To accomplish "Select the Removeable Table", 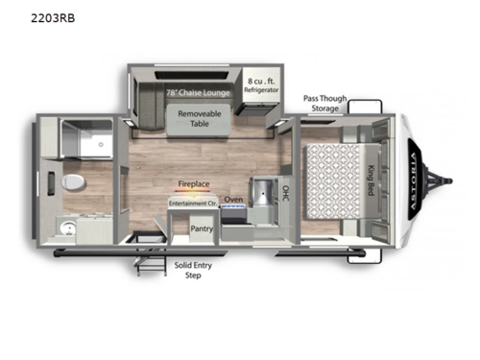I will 199,117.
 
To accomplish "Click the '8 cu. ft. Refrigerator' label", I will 262,85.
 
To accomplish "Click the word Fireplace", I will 193,181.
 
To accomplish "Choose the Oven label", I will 233,201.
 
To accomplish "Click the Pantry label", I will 202,229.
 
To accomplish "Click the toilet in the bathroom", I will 70,182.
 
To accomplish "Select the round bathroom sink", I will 69,228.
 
